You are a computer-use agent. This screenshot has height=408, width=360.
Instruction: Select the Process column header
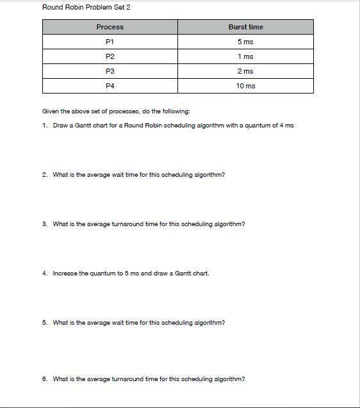[110, 27]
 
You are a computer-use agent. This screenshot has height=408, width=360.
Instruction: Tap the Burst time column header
[245, 27]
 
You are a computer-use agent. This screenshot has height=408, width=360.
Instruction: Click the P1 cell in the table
[110, 42]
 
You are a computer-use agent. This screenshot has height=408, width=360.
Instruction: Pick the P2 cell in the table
[110, 56]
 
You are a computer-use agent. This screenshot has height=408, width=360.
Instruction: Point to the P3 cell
[110, 71]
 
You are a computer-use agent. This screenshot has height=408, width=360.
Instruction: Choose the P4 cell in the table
[110, 86]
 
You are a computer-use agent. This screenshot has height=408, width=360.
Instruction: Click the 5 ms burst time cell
[245, 42]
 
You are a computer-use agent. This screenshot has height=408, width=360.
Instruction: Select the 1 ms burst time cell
[245, 56]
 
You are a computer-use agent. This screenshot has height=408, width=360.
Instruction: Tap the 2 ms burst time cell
[245, 71]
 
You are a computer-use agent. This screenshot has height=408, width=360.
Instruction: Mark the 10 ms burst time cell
[245, 86]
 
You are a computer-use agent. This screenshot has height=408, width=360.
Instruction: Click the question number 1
[44, 125]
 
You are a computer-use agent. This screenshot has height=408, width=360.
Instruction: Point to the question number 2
[44, 174]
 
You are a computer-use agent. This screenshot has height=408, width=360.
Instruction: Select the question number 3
[44, 224]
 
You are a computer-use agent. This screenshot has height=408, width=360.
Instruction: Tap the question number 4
[44, 273]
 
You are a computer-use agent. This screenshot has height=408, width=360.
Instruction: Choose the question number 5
[44, 323]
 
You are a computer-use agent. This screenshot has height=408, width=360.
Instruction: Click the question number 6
[44, 379]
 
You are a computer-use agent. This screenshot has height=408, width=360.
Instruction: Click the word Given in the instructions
[50, 111]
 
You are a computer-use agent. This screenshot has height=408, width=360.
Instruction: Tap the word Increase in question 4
[64, 273]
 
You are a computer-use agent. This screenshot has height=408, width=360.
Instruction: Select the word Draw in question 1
[60, 125]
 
